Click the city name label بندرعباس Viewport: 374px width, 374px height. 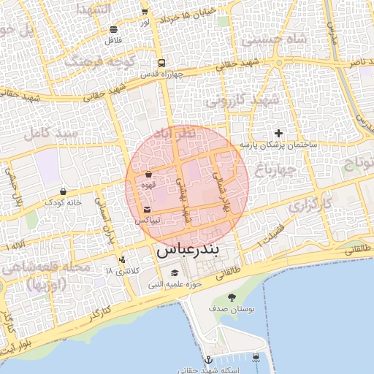click(x=187, y=250)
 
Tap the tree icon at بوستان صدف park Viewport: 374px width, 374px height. click(x=232, y=297)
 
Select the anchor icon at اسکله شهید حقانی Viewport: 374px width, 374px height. click(x=208, y=359)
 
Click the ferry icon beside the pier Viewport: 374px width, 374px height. click(x=256, y=357)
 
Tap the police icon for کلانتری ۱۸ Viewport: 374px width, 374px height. click(x=122, y=259)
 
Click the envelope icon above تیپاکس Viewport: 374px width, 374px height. click(x=148, y=210)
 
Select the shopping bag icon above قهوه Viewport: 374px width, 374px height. click(x=149, y=175)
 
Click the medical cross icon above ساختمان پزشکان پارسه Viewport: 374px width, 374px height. click(x=278, y=133)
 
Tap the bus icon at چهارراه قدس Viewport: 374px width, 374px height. click(x=161, y=63)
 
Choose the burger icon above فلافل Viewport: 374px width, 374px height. click(x=113, y=30)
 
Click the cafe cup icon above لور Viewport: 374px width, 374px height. click(x=145, y=11)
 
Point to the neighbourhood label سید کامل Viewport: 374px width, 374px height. click(x=50, y=133)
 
